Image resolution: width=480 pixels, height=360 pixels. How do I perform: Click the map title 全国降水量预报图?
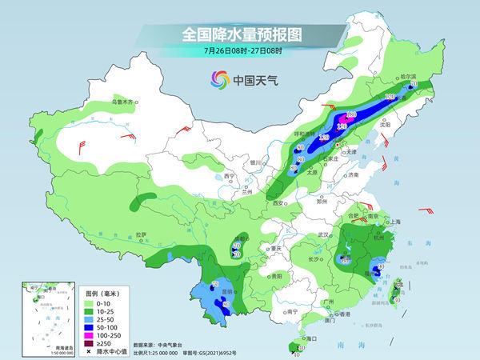coord(239,35)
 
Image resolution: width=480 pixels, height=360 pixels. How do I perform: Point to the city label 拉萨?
coord(141,234)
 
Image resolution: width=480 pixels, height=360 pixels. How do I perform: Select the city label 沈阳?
coord(386,125)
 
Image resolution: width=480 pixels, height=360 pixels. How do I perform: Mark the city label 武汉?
coord(323,234)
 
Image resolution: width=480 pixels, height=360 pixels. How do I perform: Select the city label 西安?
coord(278,203)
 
